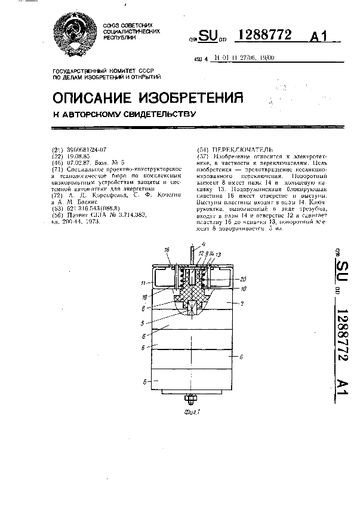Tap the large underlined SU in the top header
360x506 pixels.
[x=208, y=37]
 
